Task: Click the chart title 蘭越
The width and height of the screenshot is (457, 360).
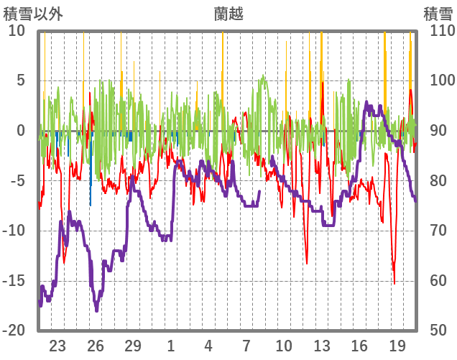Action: tap(228, 13)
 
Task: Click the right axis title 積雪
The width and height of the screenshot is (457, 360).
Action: tap(438, 13)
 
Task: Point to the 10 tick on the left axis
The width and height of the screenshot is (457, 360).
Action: tap(17, 31)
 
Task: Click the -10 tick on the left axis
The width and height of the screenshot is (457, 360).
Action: tap(14, 231)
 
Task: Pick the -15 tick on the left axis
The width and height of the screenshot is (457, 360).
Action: tap(14, 280)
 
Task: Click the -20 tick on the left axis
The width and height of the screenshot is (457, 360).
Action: tap(14, 331)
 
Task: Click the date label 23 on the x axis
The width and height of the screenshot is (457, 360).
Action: tap(57, 345)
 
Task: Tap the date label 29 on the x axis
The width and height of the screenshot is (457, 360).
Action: tap(133, 345)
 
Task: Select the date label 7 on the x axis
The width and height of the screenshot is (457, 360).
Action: tap(246, 345)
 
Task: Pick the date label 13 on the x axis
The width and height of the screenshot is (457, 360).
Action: tap(321, 345)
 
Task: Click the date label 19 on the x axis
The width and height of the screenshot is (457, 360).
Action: tap(397, 345)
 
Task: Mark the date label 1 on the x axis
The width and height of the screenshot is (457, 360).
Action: tap(170, 345)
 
